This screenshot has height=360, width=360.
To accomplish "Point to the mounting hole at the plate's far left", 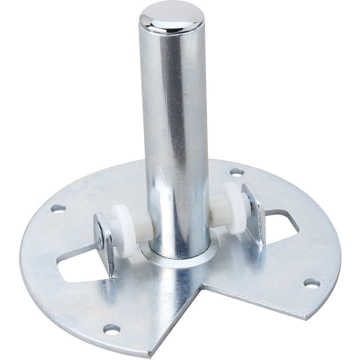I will point(58,208).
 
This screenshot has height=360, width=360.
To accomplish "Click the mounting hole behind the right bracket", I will point(237,172).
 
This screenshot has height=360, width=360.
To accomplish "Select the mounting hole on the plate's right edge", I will point(311,283).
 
